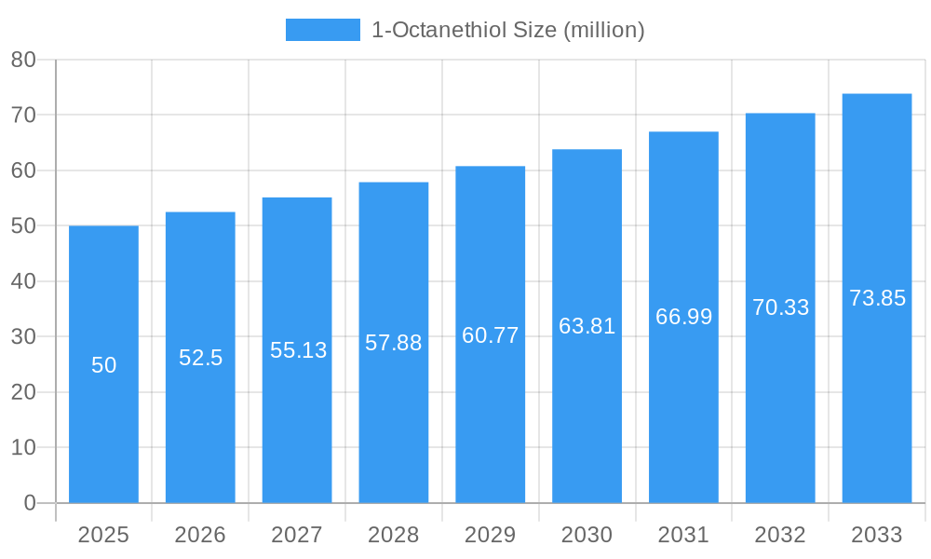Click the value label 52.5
200,358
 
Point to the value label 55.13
298,350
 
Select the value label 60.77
490,335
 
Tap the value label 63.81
587,326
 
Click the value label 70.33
780,307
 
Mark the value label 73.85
877,298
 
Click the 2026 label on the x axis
200,535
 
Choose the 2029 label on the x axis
490,535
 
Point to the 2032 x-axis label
780,535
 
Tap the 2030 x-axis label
587,535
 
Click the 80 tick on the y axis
23,60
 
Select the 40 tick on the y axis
23,281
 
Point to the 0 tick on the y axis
29,503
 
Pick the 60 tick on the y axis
23,170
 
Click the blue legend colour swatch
322,30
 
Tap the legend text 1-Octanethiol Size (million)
507,30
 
